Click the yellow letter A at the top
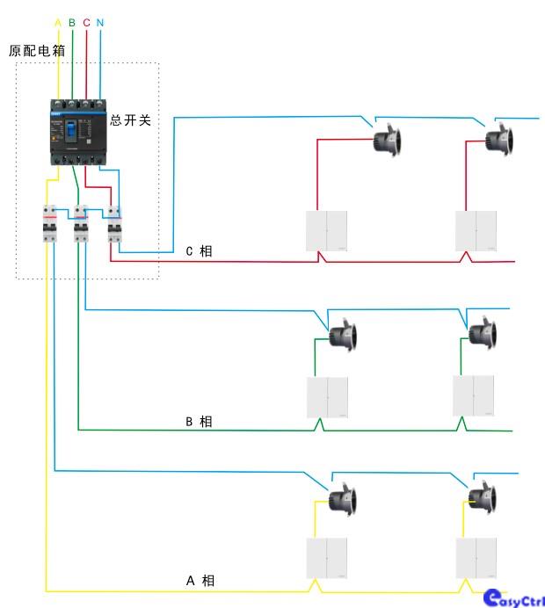[x=58, y=22]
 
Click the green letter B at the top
[x=72, y=22]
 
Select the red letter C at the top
[x=86, y=22]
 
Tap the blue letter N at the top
[x=100, y=22]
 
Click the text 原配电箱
[x=37, y=51]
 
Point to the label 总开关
[x=131, y=120]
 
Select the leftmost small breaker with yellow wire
[x=50, y=224]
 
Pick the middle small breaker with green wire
[x=81, y=224]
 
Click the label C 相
[x=199, y=251]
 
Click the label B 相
[x=199, y=422]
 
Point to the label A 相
[x=200, y=581]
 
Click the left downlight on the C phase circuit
[x=386, y=140]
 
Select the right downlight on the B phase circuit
[x=482, y=333]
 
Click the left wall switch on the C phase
[x=327, y=231]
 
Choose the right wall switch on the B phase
[x=475, y=396]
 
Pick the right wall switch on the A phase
[x=477, y=557]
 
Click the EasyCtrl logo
[x=514, y=597]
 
